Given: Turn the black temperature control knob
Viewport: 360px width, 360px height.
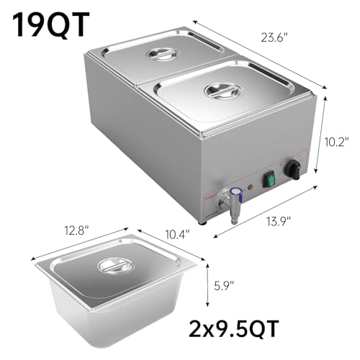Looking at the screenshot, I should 292,169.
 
